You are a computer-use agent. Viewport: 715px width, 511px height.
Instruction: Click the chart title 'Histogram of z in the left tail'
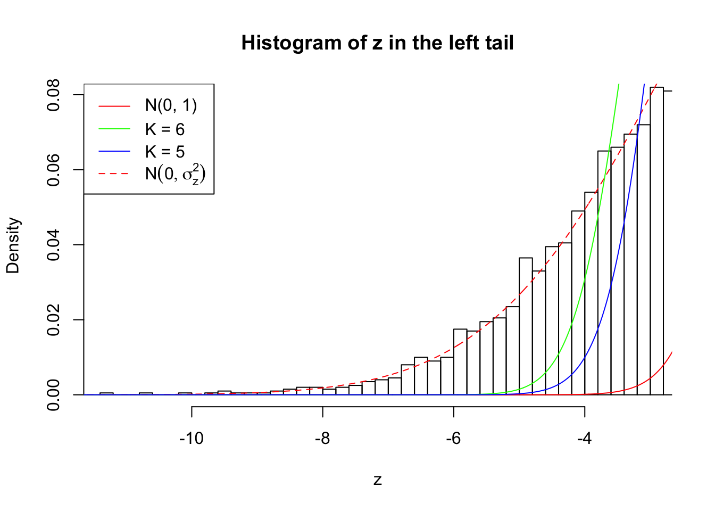point(377,43)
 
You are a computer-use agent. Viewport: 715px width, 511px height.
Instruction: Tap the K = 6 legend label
point(165,129)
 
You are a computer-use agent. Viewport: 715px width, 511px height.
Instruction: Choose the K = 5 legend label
point(165,152)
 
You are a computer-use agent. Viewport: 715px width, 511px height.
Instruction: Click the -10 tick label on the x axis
point(192,438)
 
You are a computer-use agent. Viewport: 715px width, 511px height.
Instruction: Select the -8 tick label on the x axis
point(322,438)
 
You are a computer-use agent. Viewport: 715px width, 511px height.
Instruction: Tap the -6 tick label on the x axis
point(453,438)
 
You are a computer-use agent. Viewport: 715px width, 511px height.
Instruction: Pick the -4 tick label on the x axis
point(585,438)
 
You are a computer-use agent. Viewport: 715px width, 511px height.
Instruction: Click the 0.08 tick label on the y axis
point(54,95)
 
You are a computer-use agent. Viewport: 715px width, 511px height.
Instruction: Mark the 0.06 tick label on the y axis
point(54,170)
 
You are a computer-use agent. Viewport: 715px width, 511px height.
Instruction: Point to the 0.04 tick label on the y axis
point(54,245)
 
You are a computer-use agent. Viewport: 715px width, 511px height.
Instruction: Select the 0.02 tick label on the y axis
point(54,320)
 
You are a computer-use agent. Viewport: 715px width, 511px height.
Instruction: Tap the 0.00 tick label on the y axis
point(54,395)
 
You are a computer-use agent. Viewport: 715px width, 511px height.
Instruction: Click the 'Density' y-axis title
point(13,245)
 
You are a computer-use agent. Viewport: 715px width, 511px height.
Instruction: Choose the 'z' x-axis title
point(377,480)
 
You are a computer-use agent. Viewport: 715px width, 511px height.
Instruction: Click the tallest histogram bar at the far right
point(656,240)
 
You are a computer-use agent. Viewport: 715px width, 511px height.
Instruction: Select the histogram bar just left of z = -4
point(578,303)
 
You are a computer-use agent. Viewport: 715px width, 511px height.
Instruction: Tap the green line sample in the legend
point(114,129)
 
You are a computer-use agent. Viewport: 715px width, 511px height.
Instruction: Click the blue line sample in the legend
point(114,152)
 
